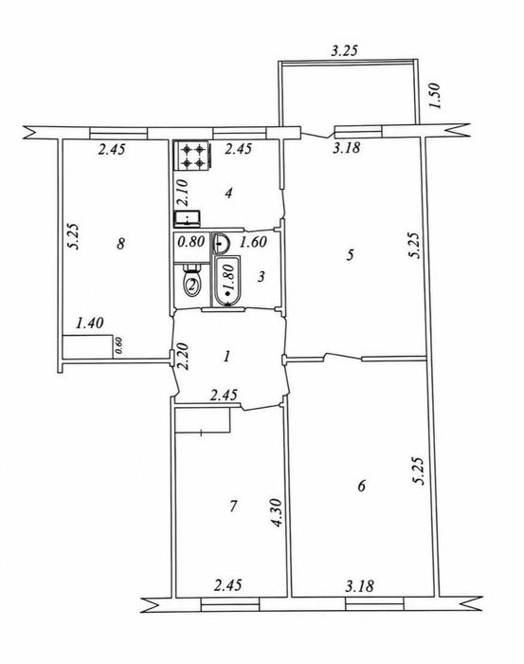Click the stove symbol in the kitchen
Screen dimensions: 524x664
[x=191, y=156]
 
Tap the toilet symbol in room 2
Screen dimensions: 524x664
[x=192, y=281]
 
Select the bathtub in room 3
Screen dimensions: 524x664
[x=227, y=281]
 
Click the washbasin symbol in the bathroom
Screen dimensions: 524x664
[x=221, y=243]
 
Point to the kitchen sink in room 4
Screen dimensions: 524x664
[x=188, y=218]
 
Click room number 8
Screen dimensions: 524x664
[x=121, y=244]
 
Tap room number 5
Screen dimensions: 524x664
[x=351, y=255]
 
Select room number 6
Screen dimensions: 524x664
[x=362, y=486]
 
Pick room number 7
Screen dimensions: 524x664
[x=233, y=506]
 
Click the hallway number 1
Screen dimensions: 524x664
[x=227, y=356]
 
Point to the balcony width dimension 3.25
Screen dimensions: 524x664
[x=344, y=51]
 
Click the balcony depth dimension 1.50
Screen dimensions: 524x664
[x=435, y=96]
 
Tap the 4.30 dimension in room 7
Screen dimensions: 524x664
[x=277, y=513]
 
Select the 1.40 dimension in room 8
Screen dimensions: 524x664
[x=89, y=323]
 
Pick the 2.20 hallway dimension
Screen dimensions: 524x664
[x=183, y=357]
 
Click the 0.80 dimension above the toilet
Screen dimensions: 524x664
[x=191, y=242]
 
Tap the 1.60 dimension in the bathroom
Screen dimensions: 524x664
[x=253, y=242]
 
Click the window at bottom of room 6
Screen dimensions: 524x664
[x=374, y=603]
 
